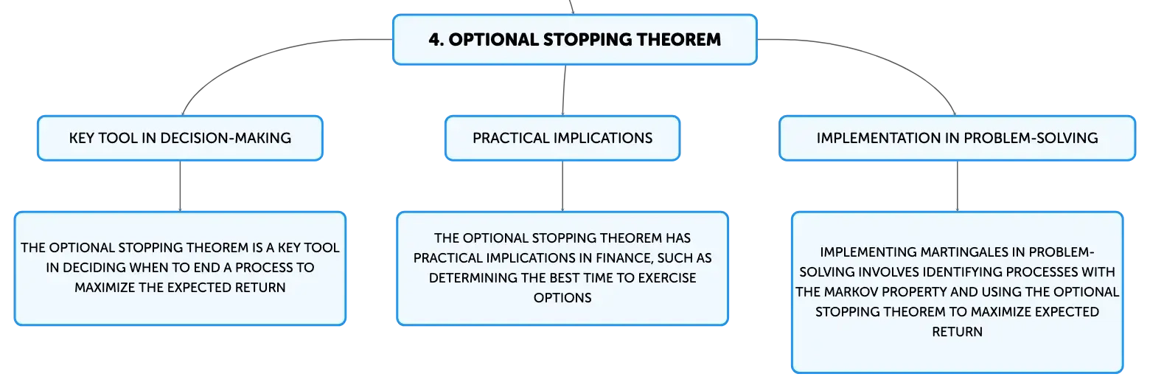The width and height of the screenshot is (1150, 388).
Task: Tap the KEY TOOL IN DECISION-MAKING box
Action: pyautogui.click(x=180, y=138)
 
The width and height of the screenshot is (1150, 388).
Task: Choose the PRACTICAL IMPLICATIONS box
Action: pyautogui.click(x=562, y=138)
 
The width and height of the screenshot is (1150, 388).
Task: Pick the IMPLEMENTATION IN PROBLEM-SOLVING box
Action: pyautogui.click(x=957, y=138)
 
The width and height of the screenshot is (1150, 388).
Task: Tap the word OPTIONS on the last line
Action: pyautogui.click(x=562, y=298)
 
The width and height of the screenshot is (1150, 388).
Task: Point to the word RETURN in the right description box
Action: pyautogui.click(x=957, y=332)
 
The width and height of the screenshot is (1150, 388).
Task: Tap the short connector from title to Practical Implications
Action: pyautogui.click(x=564, y=90)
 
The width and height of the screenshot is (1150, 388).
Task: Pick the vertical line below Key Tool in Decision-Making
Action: pyautogui.click(x=180, y=186)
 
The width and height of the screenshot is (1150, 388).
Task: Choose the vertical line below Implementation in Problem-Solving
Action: pyautogui.click(x=958, y=186)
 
